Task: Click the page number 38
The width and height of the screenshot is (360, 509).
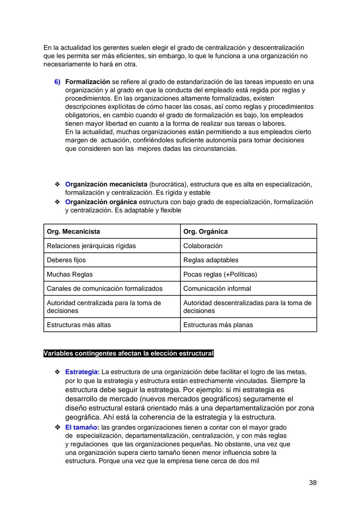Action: (312, 483)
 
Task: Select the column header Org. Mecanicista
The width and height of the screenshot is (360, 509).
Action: (73, 231)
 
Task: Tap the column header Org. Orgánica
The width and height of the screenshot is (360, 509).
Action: (205, 231)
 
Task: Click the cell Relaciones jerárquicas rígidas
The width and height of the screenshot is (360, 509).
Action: (91, 246)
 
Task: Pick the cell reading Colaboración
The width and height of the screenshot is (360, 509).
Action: (203, 246)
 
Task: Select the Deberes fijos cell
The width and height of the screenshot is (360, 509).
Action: (66, 260)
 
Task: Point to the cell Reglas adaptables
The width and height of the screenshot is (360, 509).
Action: (211, 260)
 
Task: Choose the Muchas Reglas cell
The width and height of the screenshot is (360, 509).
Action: (70, 275)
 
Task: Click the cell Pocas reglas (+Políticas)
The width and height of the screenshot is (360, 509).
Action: (220, 275)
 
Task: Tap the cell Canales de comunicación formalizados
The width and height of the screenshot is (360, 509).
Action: (105, 289)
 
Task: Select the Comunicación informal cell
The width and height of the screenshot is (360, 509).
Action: (217, 289)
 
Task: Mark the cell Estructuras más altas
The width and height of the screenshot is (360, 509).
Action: (79, 325)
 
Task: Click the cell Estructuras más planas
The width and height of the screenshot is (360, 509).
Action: (218, 325)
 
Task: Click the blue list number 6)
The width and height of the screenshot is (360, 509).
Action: (57, 82)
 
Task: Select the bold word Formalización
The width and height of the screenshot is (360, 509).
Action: (87, 82)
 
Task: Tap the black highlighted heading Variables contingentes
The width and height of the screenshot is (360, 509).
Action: (128, 354)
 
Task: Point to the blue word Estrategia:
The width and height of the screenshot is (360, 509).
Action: (82, 372)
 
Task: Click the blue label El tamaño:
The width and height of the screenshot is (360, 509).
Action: (82, 428)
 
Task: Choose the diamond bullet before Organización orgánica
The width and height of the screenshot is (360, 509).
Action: (57, 202)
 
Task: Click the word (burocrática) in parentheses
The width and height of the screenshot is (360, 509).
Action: (168, 184)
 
